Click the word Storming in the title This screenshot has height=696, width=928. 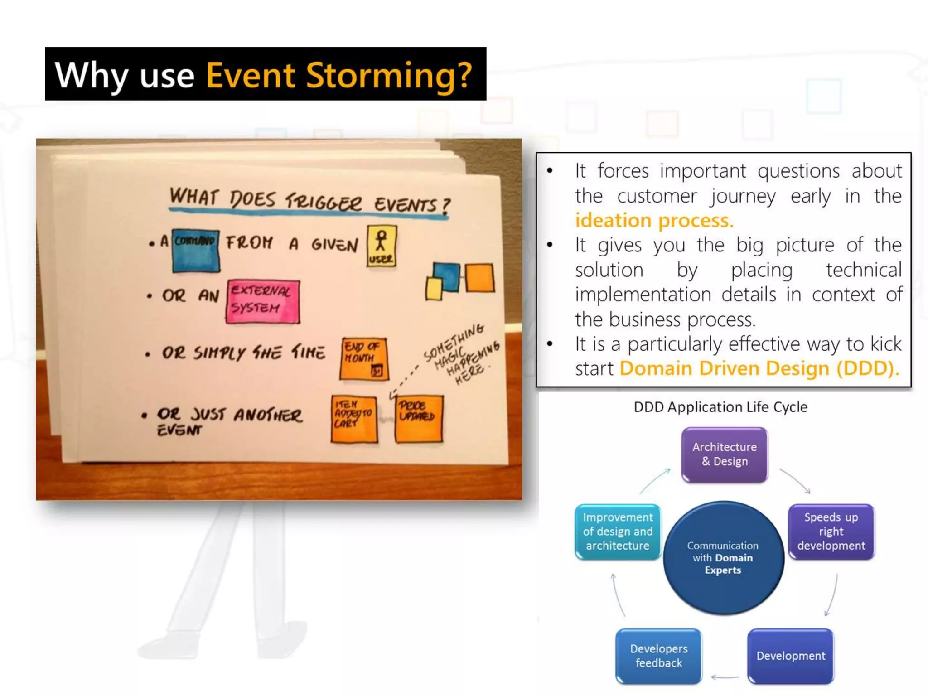point(389,75)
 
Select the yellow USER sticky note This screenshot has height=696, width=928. point(382,246)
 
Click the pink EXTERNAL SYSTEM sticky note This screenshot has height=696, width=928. point(263,301)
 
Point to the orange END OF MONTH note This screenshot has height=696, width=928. point(364,358)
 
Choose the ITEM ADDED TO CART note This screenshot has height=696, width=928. point(354,419)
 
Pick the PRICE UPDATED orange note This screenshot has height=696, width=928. point(418,418)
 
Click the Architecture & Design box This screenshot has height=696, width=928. point(724,454)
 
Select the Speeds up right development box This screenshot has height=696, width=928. point(831,532)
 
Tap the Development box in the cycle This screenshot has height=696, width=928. point(790,656)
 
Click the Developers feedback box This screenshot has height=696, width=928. point(658,656)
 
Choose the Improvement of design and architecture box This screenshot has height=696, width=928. point(618,532)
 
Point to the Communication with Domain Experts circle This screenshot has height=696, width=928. point(723,558)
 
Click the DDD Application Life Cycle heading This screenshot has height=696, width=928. point(720,407)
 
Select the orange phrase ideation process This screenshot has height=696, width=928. point(654,221)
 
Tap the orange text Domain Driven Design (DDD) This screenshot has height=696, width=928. point(759,368)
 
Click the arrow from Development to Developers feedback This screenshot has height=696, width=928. point(725,677)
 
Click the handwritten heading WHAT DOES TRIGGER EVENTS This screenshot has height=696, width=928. point(309,201)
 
